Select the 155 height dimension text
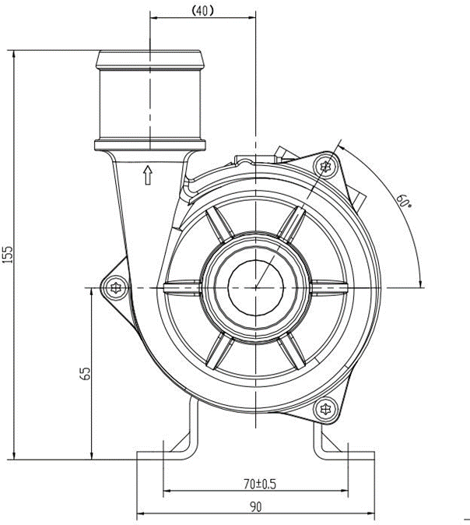click(x=9, y=255)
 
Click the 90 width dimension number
click(x=256, y=506)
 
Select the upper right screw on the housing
click(x=325, y=167)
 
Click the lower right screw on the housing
click(x=325, y=409)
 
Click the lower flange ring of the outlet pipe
click(x=149, y=144)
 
